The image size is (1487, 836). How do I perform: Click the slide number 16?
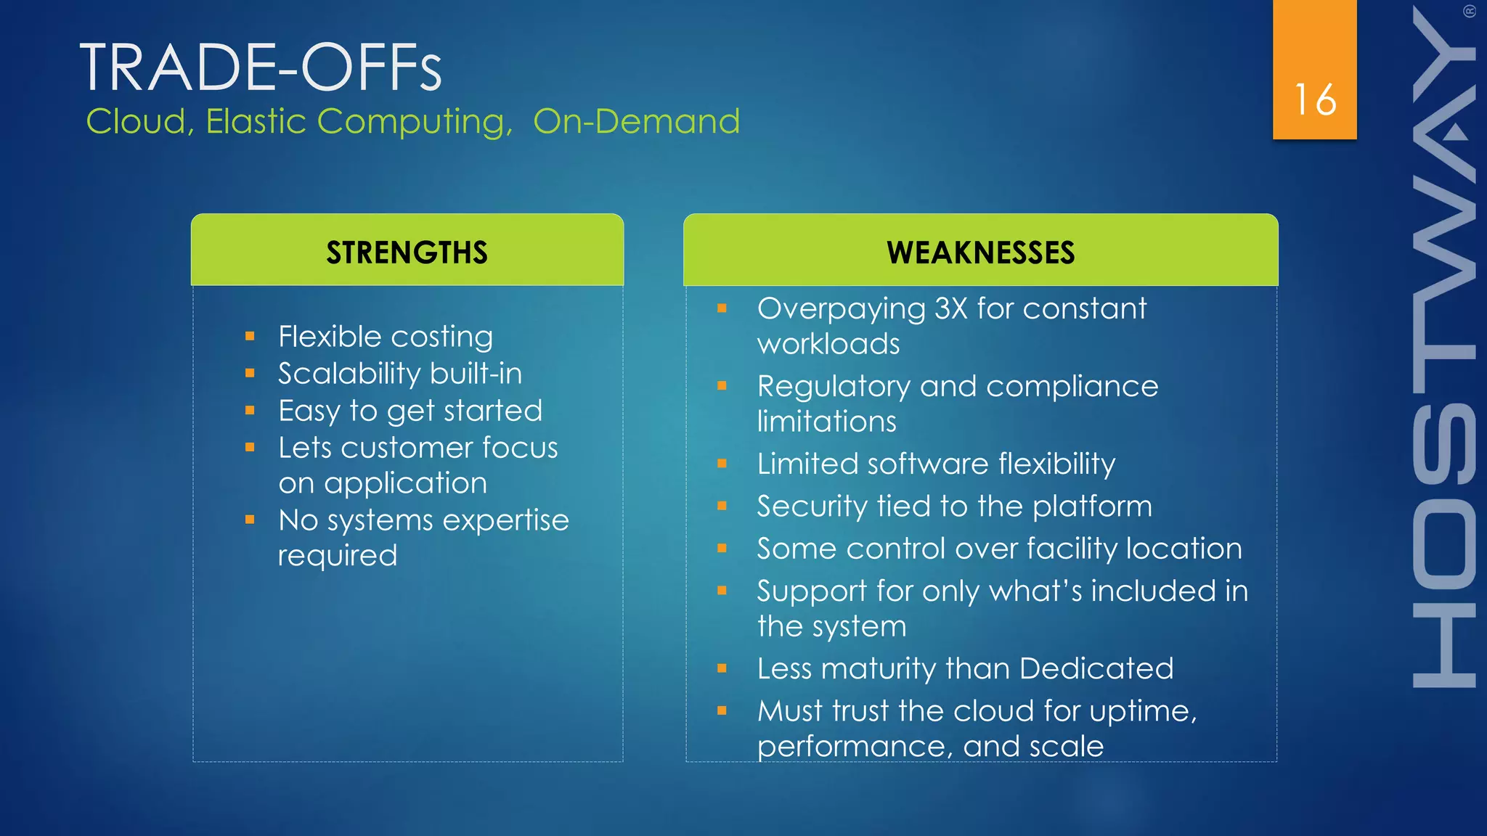pyautogui.click(x=1315, y=99)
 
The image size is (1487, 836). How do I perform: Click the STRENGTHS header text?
pyautogui.click(x=407, y=253)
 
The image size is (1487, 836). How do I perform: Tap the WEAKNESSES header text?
pyautogui.click(x=980, y=253)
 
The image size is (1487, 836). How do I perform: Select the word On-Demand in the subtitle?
pyautogui.click(x=636, y=121)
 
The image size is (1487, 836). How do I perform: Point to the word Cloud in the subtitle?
pyautogui.click(x=137, y=121)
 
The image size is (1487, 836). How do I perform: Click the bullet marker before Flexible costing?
pyautogui.click(x=250, y=336)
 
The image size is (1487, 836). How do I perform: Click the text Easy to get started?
pyautogui.click(x=410, y=411)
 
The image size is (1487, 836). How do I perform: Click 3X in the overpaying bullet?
pyautogui.click(x=950, y=308)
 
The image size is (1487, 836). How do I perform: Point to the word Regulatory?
pyautogui.click(x=833, y=387)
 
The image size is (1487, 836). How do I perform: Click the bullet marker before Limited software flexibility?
pyautogui.click(x=722, y=463)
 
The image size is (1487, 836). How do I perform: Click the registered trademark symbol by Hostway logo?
pyautogui.click(x=1469, y=11)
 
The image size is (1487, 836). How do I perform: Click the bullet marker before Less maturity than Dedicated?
pyautogui.click(x=722, y=668)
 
